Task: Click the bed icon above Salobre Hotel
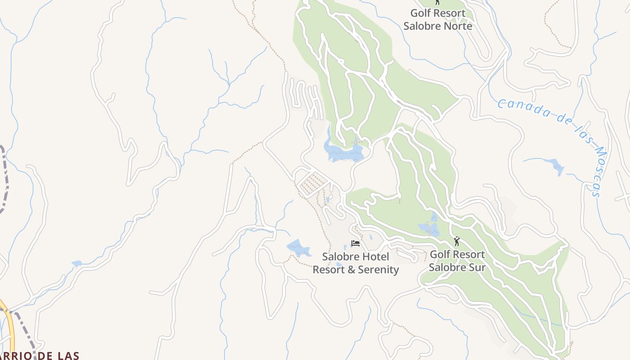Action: (355, 243)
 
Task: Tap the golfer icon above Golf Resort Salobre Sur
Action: (457, 242)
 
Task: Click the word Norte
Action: (458, 26)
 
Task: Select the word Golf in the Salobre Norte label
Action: (420, 13)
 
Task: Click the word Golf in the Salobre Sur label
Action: (440, 255)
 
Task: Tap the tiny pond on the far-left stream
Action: (77, 263)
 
